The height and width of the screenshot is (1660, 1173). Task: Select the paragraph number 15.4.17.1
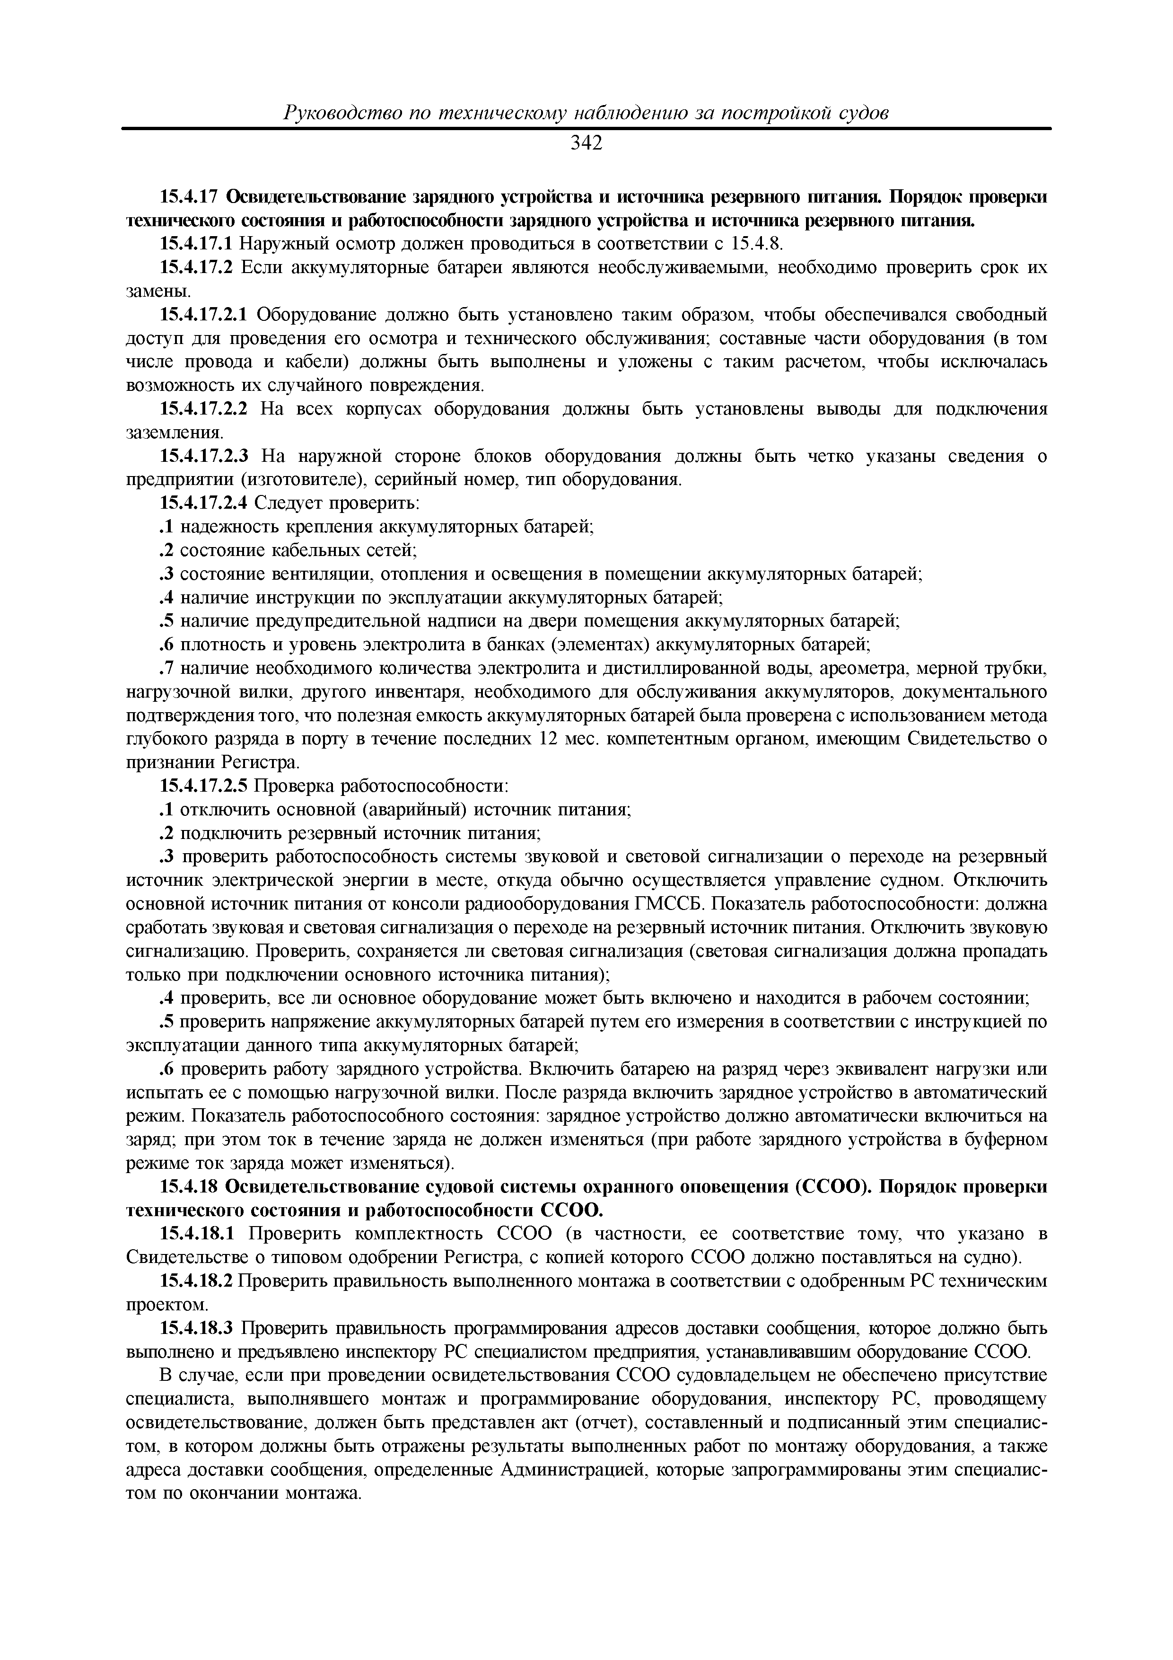coord(197,244)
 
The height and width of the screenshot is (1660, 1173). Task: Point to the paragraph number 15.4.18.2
coord(197,1282)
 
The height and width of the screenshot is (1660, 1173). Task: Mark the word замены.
coord(158,291)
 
